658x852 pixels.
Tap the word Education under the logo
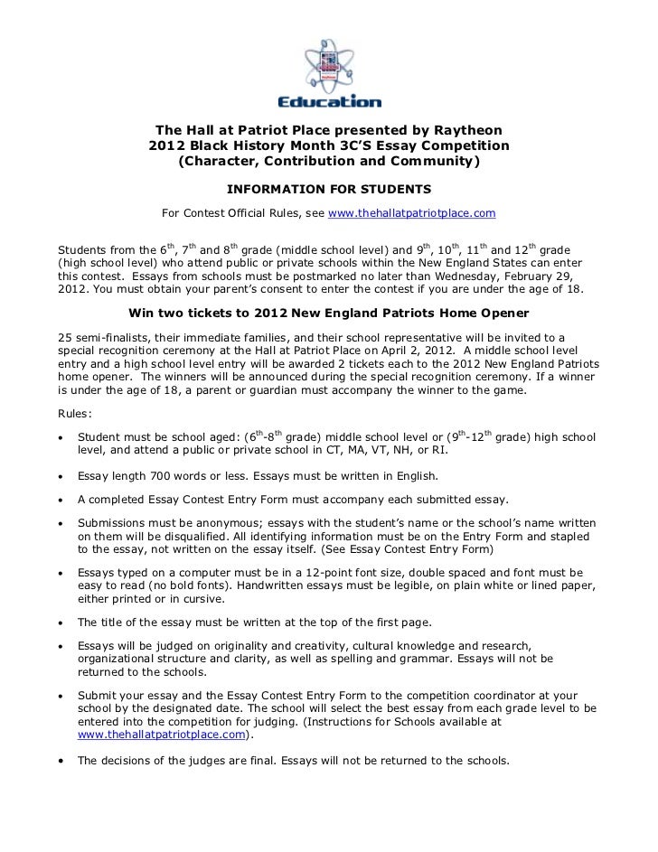(x=329, y=101)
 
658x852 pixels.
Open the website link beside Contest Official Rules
(x=411, y=213)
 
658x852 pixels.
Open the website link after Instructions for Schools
(x=161, y=735)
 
